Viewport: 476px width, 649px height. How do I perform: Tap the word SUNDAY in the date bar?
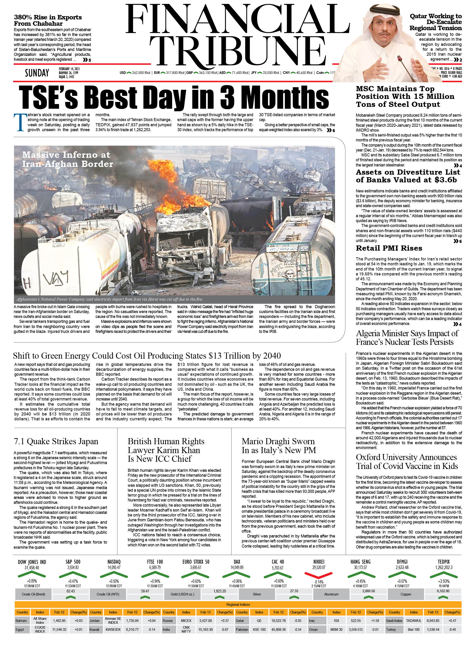click(37, 73)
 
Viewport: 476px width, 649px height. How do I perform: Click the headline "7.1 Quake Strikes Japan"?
click(56, 441)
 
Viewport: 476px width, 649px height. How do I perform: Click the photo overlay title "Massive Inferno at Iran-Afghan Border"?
click(67, 159)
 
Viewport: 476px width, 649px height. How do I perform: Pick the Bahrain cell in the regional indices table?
click(21, 620)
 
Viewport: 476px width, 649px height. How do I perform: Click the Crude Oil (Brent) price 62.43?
click(71, 591)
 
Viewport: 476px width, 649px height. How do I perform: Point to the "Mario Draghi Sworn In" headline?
click(279, 446)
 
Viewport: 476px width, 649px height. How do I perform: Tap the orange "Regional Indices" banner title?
click(238, 604)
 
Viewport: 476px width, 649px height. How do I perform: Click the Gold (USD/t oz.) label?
click(182, 594)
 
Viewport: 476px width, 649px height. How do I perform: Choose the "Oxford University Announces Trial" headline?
click(406, 462)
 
